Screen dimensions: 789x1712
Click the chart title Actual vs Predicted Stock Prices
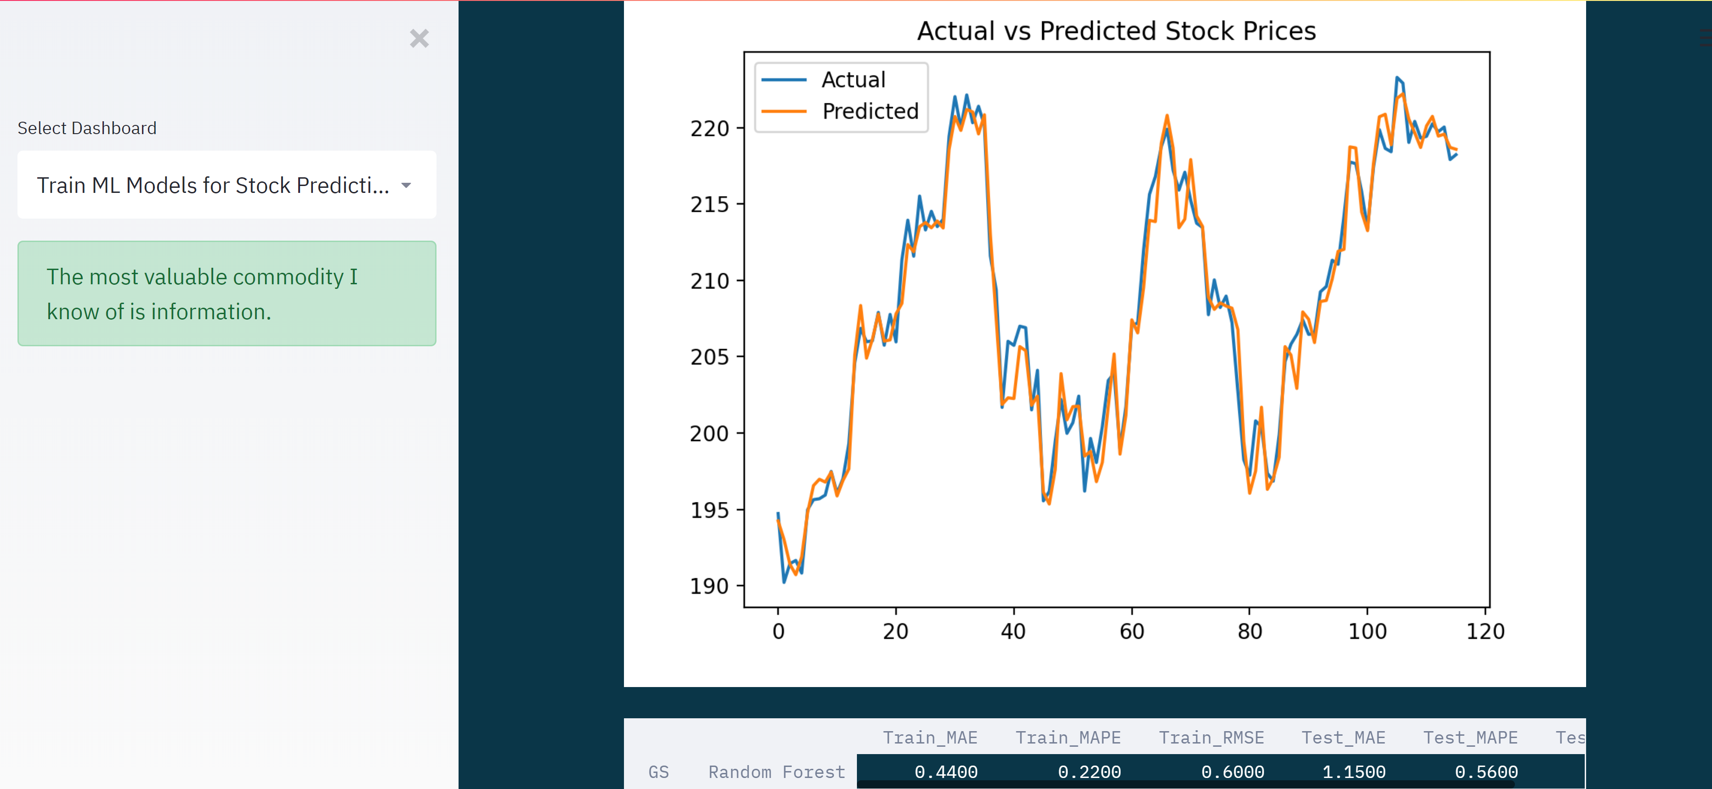1116,31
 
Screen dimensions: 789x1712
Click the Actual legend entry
853,80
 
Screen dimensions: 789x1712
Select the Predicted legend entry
869,111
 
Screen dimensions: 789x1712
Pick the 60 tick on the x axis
1132,631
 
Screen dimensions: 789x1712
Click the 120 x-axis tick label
1485,631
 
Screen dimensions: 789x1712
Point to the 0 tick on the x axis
778,631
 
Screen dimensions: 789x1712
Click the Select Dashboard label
87,128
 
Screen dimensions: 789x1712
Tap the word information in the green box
211,311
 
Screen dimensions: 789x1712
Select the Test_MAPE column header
1470,738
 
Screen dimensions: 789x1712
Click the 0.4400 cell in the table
946,772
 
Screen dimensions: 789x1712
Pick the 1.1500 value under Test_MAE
1353,772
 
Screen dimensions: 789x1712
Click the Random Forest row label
776,772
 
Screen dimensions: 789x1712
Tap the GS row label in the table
658,772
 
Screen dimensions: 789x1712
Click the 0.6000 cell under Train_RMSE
1232,772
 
